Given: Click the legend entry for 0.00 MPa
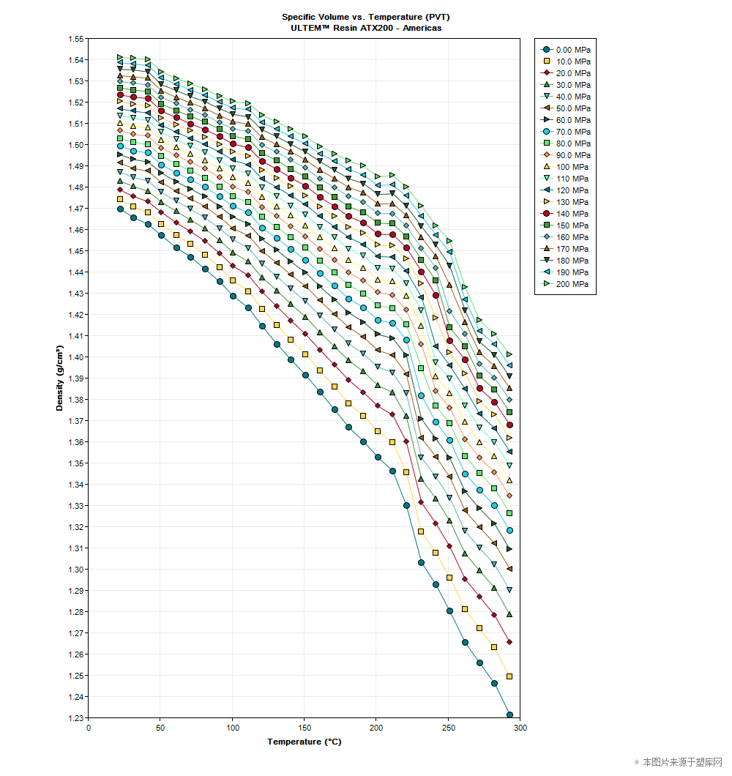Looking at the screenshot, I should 565,50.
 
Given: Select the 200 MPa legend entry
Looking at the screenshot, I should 565,284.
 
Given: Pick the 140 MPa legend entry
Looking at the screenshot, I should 565,214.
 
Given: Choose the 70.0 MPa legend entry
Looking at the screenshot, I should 565,132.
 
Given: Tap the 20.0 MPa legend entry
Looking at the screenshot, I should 565,73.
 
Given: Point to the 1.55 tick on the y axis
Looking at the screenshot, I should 75,39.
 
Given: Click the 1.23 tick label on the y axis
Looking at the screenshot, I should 75,718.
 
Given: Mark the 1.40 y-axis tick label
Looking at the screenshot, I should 75,357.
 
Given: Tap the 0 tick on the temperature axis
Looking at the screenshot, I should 89,728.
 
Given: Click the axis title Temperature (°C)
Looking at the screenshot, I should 304,742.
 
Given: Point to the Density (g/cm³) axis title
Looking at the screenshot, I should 60,378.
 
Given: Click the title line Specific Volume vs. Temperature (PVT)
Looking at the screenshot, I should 361,17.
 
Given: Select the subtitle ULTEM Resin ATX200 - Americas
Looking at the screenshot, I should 361,28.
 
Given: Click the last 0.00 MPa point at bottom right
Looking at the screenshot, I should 509,715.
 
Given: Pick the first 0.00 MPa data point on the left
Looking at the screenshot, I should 120,209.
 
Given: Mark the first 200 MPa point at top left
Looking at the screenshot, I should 120,57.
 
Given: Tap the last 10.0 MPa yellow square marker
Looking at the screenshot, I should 509,676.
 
